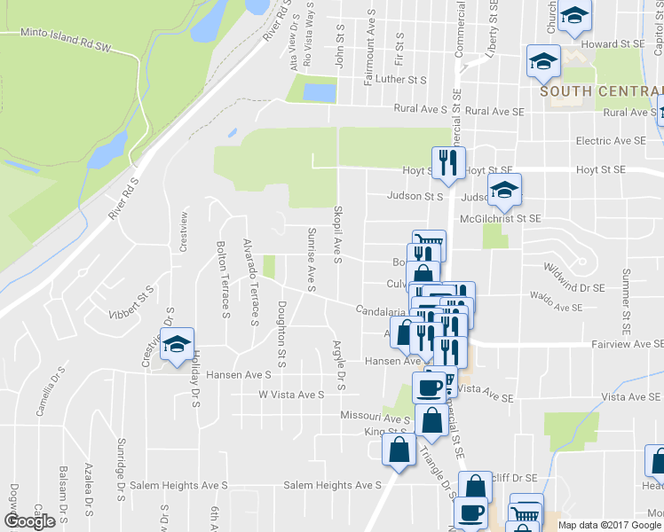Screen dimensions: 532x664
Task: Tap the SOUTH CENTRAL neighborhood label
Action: tap(601, 91)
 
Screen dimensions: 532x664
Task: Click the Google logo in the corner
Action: tap(30, 521)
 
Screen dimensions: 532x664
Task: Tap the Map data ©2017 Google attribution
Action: tap(609, 525)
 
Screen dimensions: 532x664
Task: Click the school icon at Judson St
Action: tap(504, 188)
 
